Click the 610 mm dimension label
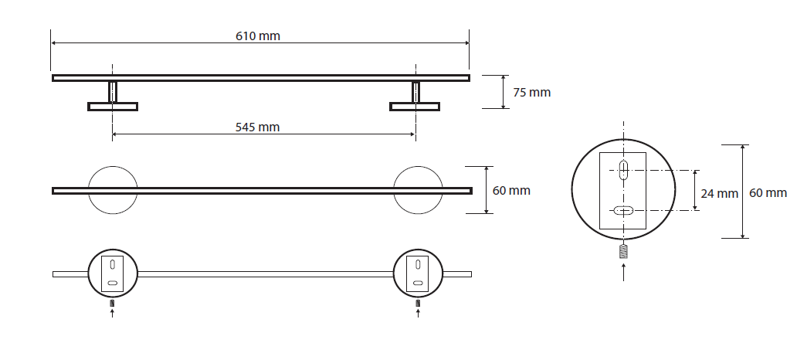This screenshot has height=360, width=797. [258, 36]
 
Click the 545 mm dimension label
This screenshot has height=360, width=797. [257, 127]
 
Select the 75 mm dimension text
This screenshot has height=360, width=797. [531, 93]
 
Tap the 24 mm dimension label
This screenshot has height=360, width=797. [719, 194]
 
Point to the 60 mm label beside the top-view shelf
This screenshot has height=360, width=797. [511, 191]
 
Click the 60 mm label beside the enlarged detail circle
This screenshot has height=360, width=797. [768, 193]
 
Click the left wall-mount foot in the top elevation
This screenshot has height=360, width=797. [113, 107]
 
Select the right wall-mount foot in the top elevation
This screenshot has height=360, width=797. [415, 107]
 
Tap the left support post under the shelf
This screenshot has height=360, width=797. [113, 91]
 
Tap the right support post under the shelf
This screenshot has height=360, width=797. [415, 91]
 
